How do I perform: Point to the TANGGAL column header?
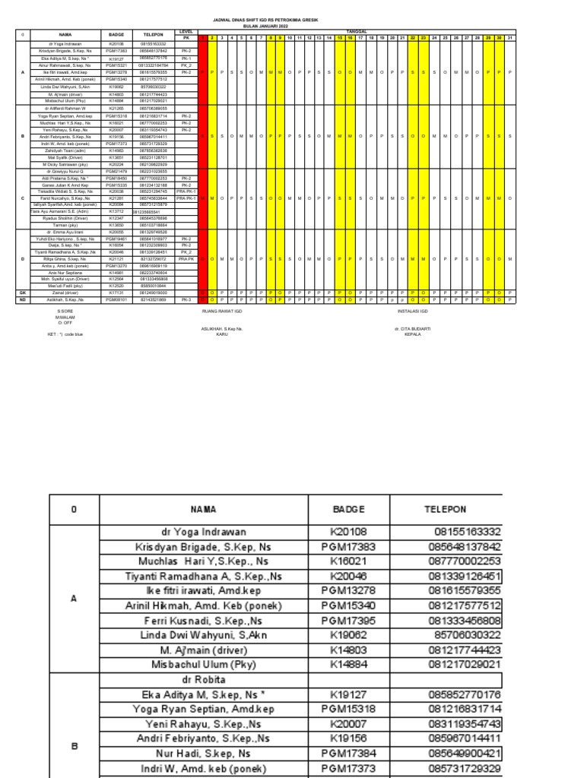(356, 32)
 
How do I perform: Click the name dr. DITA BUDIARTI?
(412, 328)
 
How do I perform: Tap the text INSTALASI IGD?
(413, 311)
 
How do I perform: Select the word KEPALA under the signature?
(412, 334)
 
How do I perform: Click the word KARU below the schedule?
(221, 334)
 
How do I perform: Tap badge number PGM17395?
(349, 621)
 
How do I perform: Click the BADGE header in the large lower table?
(349, 509)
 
